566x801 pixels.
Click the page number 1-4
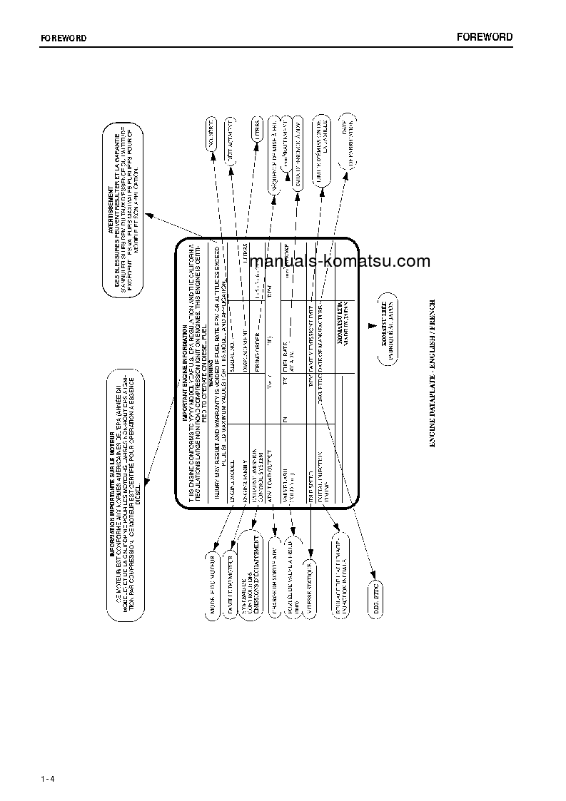click(x=49, y=777)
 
